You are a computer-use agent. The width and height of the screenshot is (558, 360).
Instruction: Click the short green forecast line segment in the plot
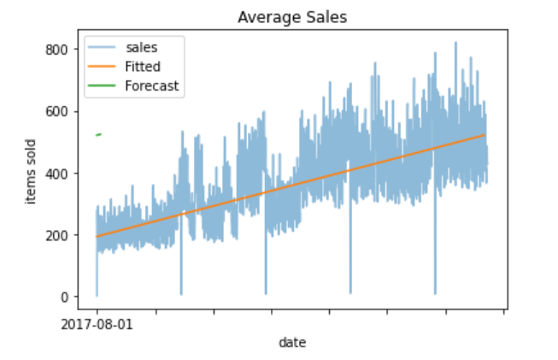click(x=99, y=134)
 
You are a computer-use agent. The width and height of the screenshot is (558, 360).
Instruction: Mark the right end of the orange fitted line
click(x=485, y=135)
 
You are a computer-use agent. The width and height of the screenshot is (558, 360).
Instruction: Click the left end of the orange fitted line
click(x=97, y=236)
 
